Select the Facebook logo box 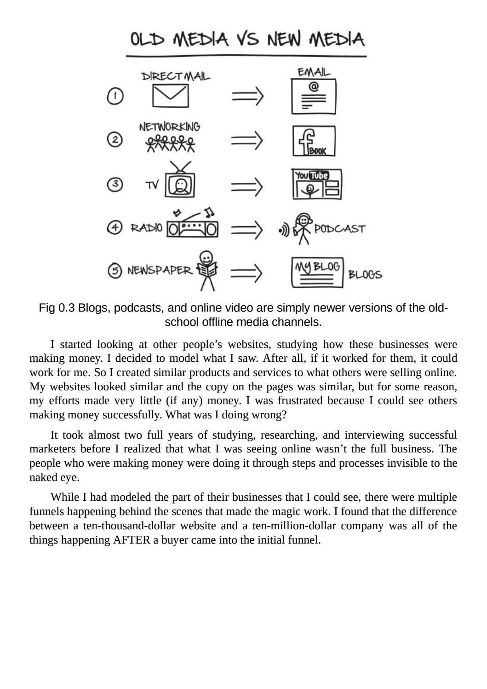314,141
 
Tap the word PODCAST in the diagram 340,229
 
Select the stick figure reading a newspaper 207,270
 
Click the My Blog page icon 317,272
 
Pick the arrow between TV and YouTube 247,186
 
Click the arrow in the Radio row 247,229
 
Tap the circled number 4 115,227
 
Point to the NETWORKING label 170,127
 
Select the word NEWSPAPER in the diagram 159,270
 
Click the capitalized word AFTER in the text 132,540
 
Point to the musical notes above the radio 209,212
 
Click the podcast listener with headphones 302,228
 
